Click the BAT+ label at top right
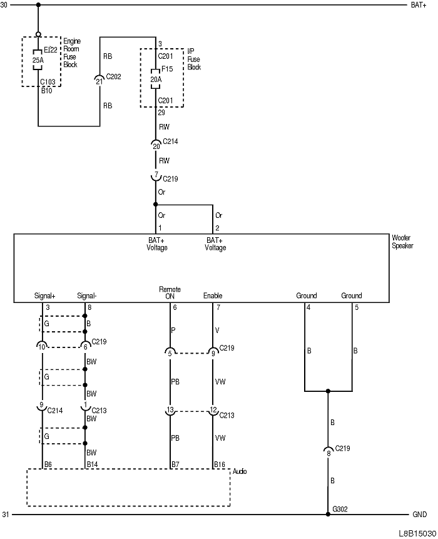click(419, 5)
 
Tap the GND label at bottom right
click(419, 515)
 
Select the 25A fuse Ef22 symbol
click(38, 61)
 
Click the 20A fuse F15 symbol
click(155, 80)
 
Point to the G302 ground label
click(340, 509)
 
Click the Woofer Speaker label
click(402, 242)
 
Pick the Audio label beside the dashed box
click(240, 471)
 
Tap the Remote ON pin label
click(170, 292)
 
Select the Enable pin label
click(213, 295)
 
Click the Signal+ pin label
click(44, 295)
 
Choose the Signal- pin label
click(86, 295)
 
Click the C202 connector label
click(113, 78)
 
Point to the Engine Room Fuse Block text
click(72, 53)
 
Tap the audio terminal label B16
click(219, 465)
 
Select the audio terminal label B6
click(48, 465)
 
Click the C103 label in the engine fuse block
click(47, 82)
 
